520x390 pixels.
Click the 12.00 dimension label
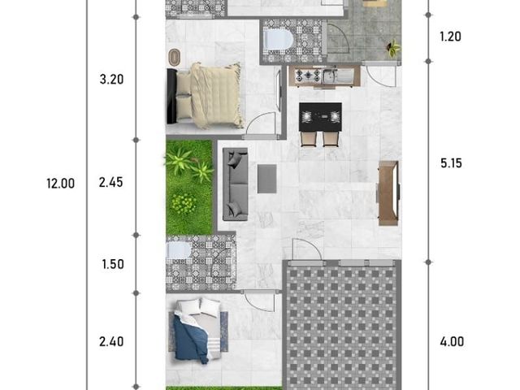click(61, 184)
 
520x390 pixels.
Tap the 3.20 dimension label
click(112, 80)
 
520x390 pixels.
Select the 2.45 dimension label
click(110, 182)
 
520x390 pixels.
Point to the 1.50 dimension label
click(113, 264)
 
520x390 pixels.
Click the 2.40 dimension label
click(111, 341)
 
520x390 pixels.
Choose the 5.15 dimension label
click(451, 163)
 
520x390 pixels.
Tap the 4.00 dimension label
click(452, 341)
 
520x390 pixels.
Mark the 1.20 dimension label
click(450, 37)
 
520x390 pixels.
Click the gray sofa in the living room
click(235, 184)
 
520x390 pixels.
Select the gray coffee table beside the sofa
click(267, 179)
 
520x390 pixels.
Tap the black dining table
click(320, 117)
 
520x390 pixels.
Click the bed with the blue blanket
click(198, 331)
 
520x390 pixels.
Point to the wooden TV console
click(388, 193)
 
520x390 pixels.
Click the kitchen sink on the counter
click(338, 76)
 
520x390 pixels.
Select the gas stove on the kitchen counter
click(308, 76)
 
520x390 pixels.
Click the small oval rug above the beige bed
click(175, 58)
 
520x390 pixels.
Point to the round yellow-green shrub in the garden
click(184, 204)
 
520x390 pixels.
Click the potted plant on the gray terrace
click(393, 49)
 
